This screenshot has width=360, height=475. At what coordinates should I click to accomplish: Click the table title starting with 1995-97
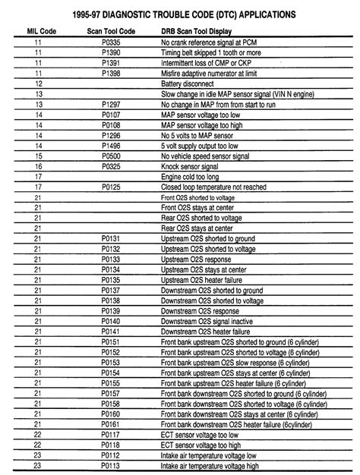click(180, 14)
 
